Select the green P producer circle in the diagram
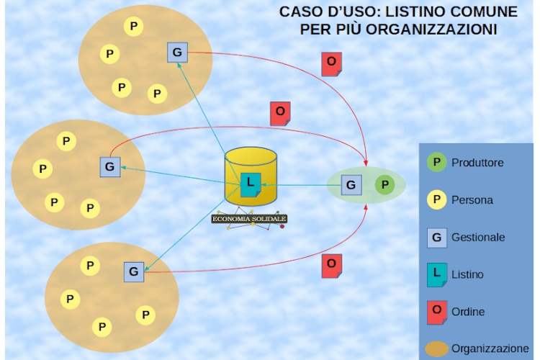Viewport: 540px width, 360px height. coord(385,185)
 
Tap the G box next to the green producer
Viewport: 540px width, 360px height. coord(351,185)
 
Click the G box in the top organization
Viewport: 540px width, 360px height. coord(177,53)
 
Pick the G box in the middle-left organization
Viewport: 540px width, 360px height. coord(109,167)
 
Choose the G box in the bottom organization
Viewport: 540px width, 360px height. coord(133,271)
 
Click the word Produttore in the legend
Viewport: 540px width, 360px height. coord(477,163)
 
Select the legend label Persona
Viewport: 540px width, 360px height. coord(472,200)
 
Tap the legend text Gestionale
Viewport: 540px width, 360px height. coord(478,237)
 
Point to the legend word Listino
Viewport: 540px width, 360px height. coord(467,274)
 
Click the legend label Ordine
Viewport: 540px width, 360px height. coord(468,312)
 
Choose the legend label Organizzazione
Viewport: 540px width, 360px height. coord(490,348)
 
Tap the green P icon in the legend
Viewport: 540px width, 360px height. coord(436,163)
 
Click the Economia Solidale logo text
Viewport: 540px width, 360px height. coord(249,219)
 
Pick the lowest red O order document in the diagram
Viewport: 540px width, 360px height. coord(331,265)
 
